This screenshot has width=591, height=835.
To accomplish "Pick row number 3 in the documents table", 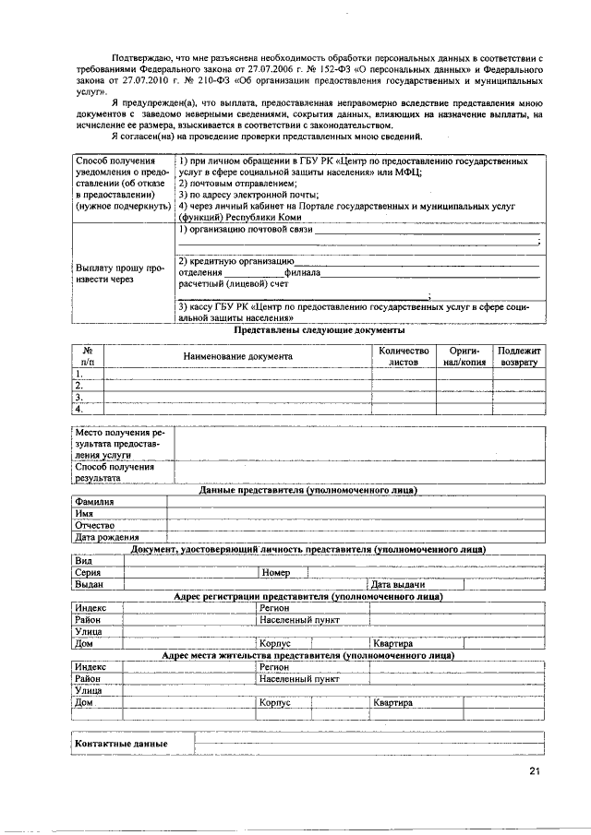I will tap(79, 397).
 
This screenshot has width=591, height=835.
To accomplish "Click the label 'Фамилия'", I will tap(95, 502).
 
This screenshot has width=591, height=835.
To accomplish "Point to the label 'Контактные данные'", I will tap(121, 744).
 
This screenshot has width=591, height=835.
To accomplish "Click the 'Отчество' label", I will tap(94, 525).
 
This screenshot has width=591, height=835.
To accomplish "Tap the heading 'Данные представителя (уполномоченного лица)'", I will tap(308, 490).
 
